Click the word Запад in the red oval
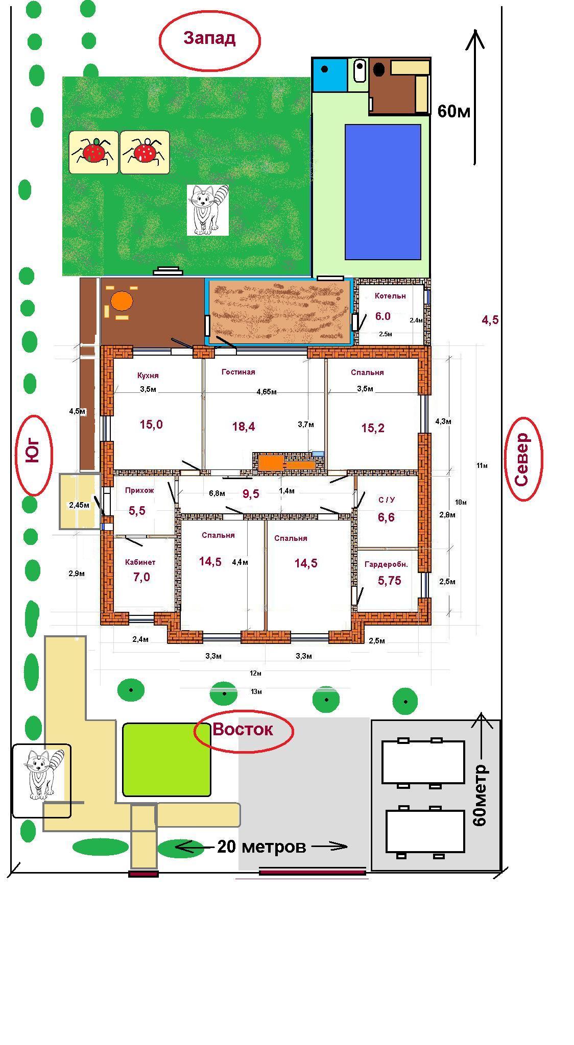209,38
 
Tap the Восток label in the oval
243,730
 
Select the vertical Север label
522,459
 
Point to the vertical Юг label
33,450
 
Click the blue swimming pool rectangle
383,192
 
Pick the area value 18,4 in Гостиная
244,427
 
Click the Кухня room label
148,376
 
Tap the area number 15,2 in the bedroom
373,428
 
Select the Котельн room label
390,296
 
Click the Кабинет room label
140,562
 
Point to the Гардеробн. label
386,565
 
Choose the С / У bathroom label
386,500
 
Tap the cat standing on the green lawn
208,210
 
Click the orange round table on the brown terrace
122,301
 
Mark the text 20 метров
261,847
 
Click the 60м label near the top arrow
454,111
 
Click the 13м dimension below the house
256,692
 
